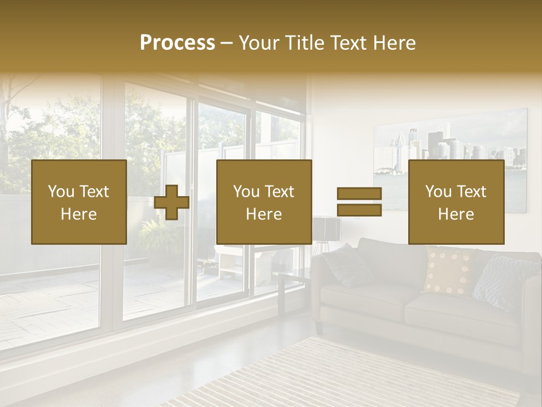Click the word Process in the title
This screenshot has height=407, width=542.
coord(177,43)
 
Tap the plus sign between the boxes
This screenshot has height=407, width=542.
coord(172,202)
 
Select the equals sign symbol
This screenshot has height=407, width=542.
coord(359,202)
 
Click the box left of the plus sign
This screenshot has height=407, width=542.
coord(78,202)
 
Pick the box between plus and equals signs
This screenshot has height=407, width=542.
coord(264,202)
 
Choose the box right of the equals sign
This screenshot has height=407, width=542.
coord(456,202)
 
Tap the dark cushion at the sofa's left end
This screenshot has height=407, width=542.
coord(348,265)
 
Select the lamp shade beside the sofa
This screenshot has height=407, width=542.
coord(327,228)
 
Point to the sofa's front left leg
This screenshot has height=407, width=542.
coord(318,327)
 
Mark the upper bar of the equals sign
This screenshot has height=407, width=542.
coord(359,193)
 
